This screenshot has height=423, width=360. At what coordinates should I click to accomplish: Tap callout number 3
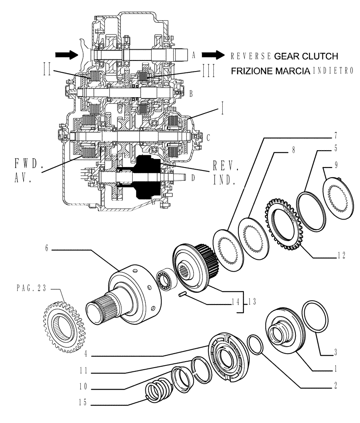tap(335, 351)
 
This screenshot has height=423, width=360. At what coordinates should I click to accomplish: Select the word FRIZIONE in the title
tap(251, 71)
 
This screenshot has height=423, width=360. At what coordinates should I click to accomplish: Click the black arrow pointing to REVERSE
tap(213, 55)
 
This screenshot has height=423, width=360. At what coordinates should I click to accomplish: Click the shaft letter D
tap(193, 178)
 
